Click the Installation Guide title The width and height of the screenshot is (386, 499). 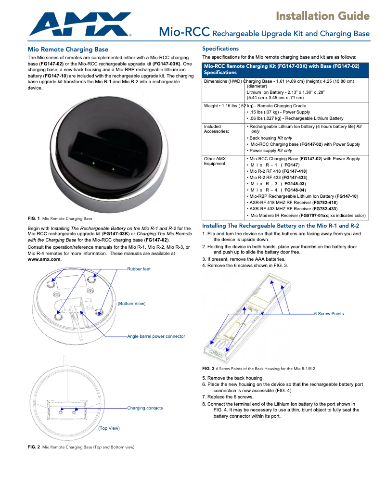(322, 16)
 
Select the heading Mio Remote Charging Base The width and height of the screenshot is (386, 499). (68, 50)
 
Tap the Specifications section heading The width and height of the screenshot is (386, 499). (220, 49)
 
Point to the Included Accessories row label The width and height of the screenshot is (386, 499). (217, 130)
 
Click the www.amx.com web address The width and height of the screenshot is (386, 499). (44, 259)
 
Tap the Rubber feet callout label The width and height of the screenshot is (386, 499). (139, 269)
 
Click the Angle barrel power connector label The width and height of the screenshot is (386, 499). (156, 336)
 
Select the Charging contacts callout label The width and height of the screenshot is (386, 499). (145, 408)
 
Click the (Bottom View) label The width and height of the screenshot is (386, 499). (131, 304)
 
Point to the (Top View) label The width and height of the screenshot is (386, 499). (109, 428)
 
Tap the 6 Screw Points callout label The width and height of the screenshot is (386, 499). (329, 314)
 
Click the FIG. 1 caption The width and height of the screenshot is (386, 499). (60, 218)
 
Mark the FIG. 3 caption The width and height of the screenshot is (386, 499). (258, 369)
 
